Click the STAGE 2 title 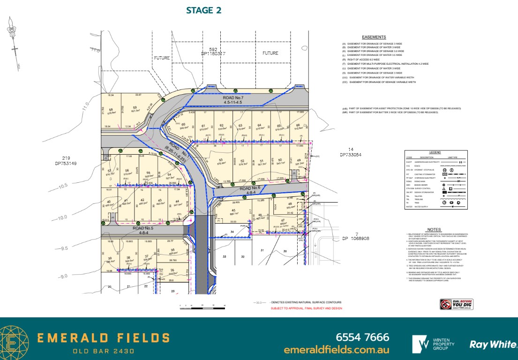pyautogui.click(x=203, y=10)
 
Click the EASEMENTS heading pyautogui.click(x=374, y=37)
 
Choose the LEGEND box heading pyautogui.click(x=435, y=152)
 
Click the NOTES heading pyautogui.click(x=434, y=229)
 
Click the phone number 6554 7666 pyautogui.click(x=362, y=337)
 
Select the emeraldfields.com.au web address pyautogui.click(x=337, y=350)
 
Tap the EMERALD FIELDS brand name pyautogui.click(x=104, y=338)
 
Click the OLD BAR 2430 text pyautogui.click(x=104, y=351)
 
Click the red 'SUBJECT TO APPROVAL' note pyautogui.click(x=306, y=308)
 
